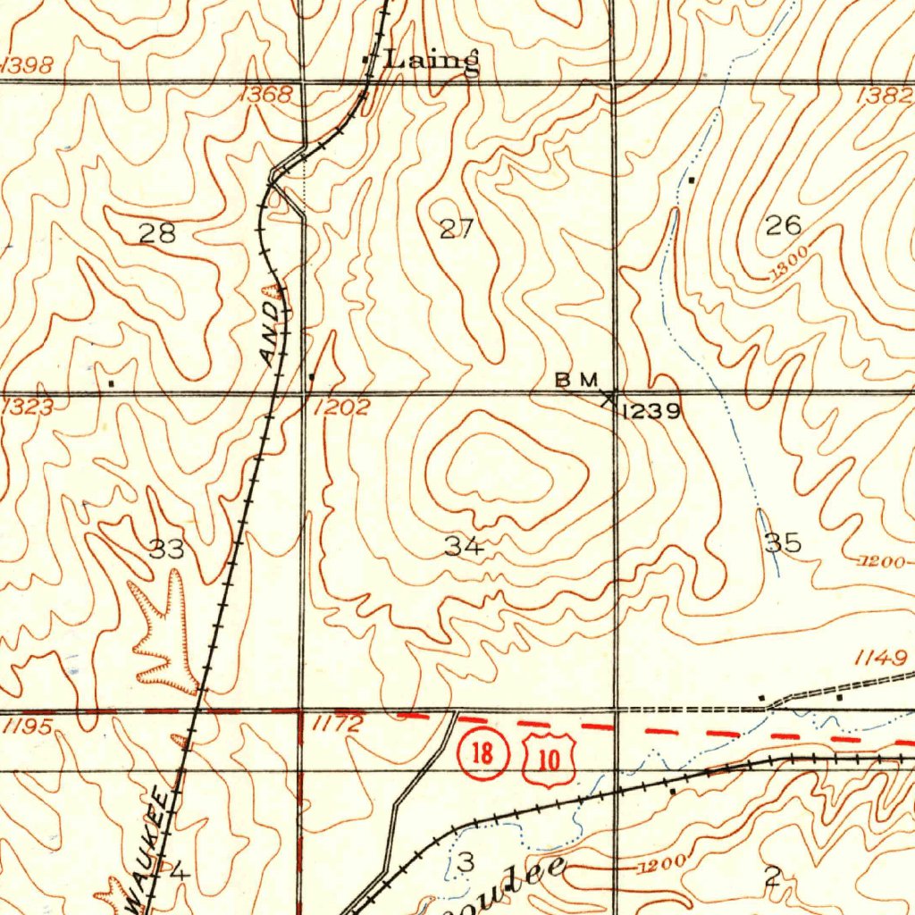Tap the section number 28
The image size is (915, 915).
[157, 234]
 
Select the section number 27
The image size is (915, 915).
[456, 230]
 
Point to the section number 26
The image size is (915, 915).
[784, 225]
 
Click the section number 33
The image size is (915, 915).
[166, 550]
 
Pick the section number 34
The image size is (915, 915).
[464, 547]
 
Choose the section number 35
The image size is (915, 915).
[783, 542]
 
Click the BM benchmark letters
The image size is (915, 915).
[575, 380]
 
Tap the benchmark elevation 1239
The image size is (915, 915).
[651, 411]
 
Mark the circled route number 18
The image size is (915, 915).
[483, 753]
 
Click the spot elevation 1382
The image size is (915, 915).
[884, 96]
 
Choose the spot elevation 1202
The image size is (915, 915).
[341, 408]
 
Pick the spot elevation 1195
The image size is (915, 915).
[27, 727]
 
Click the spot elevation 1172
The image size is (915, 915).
[338, 725]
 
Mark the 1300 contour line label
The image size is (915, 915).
[788, 262]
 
